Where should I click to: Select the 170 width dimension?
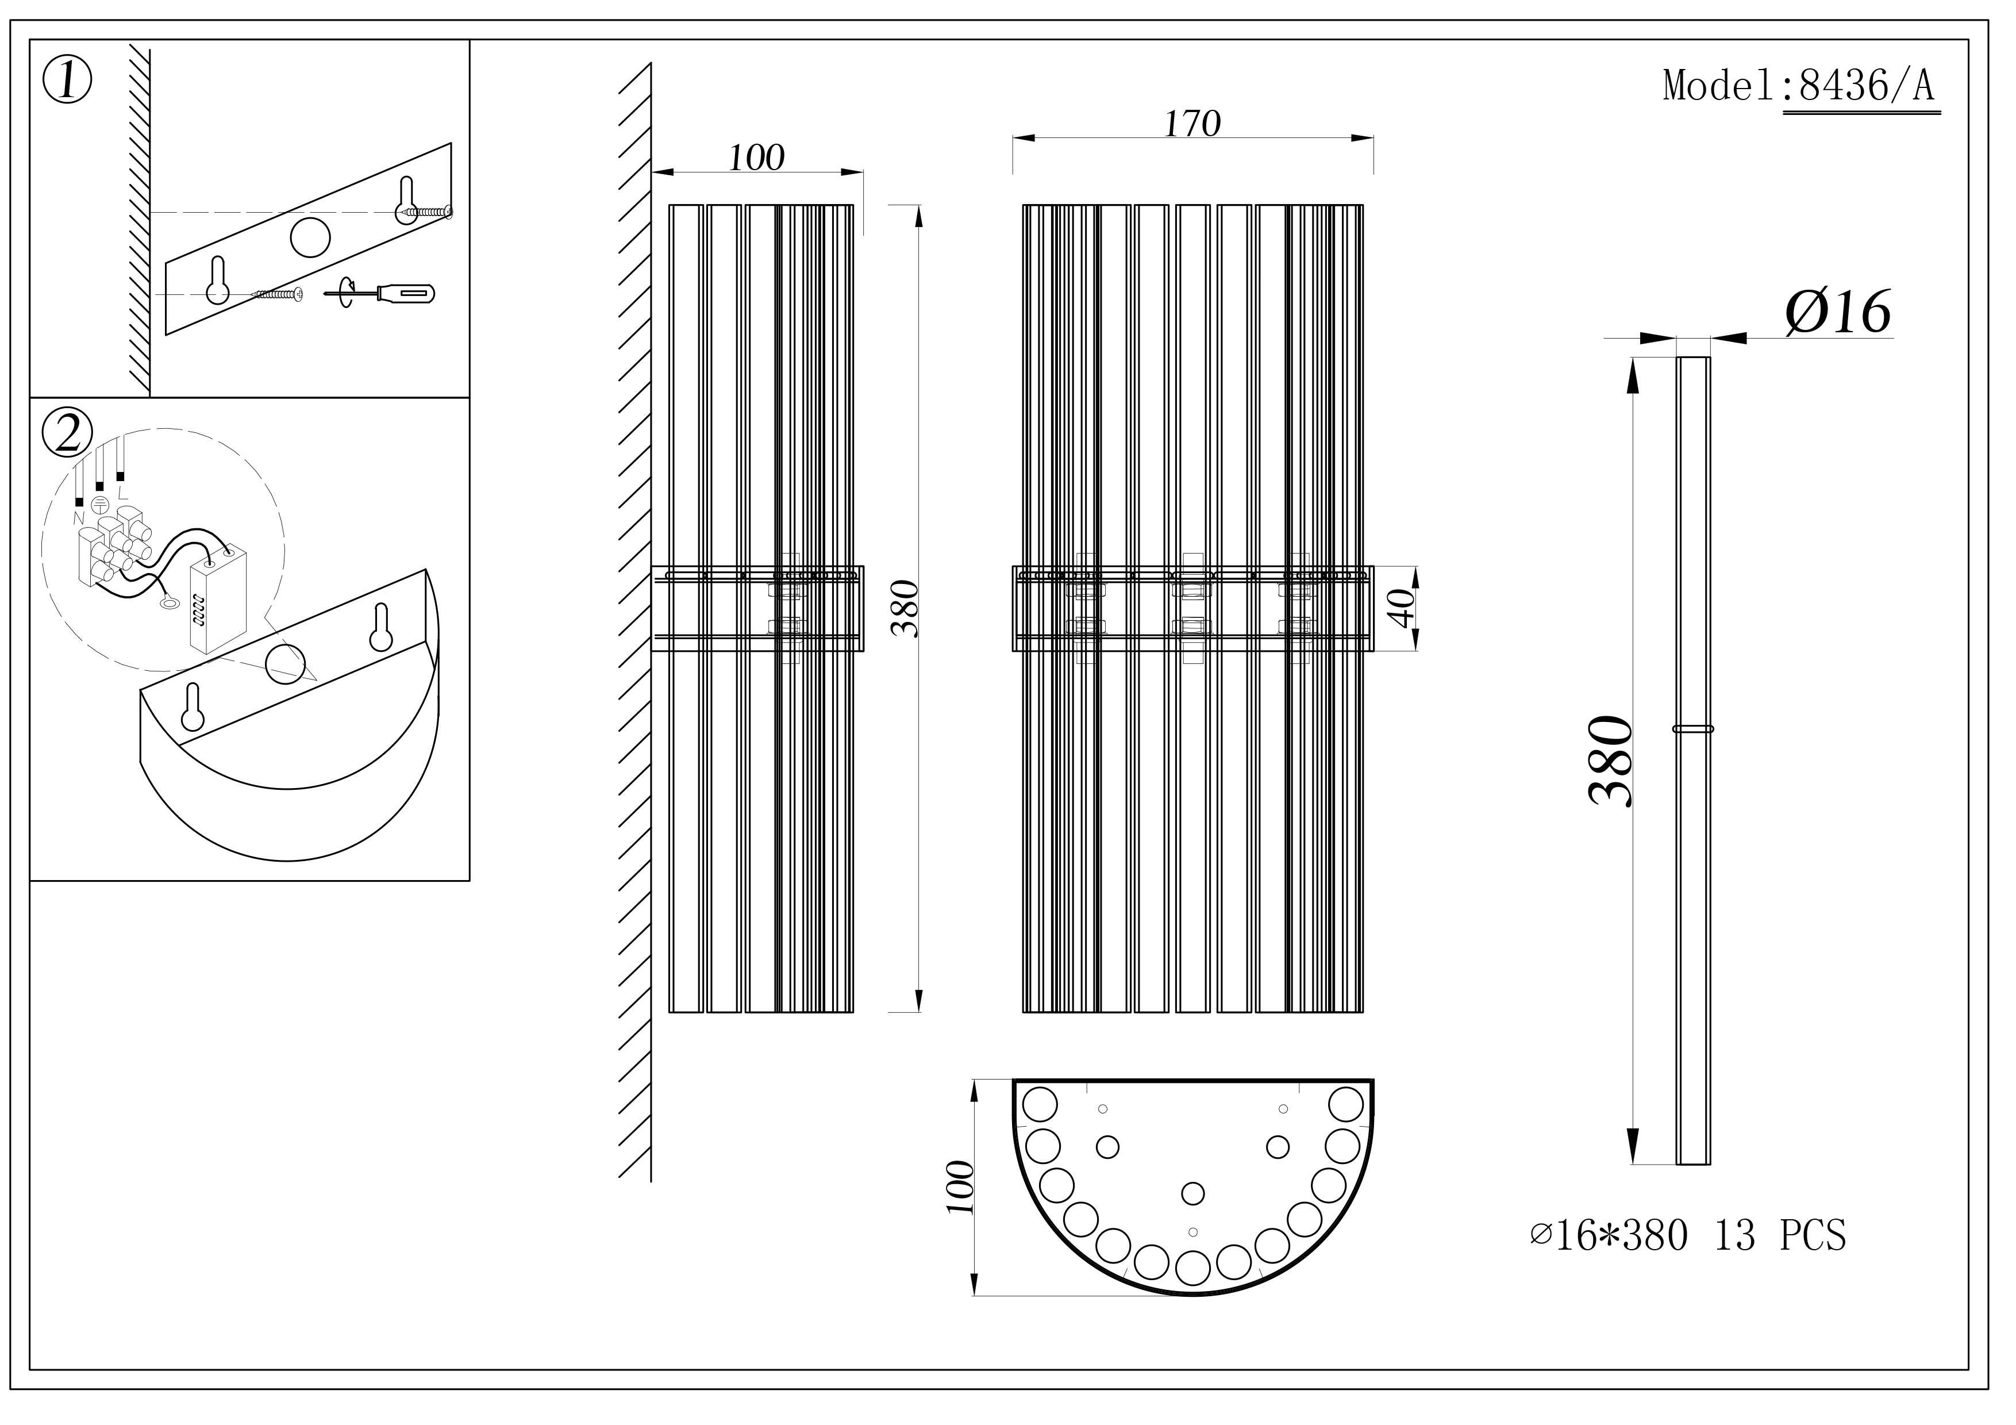[x=1192, y=124]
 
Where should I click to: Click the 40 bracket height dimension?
[x=1403, y=609]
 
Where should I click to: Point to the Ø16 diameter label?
[x=1838, y=311]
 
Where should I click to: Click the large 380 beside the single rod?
[x=1610, y=760]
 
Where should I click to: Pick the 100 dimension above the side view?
[x=756, y=158]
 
